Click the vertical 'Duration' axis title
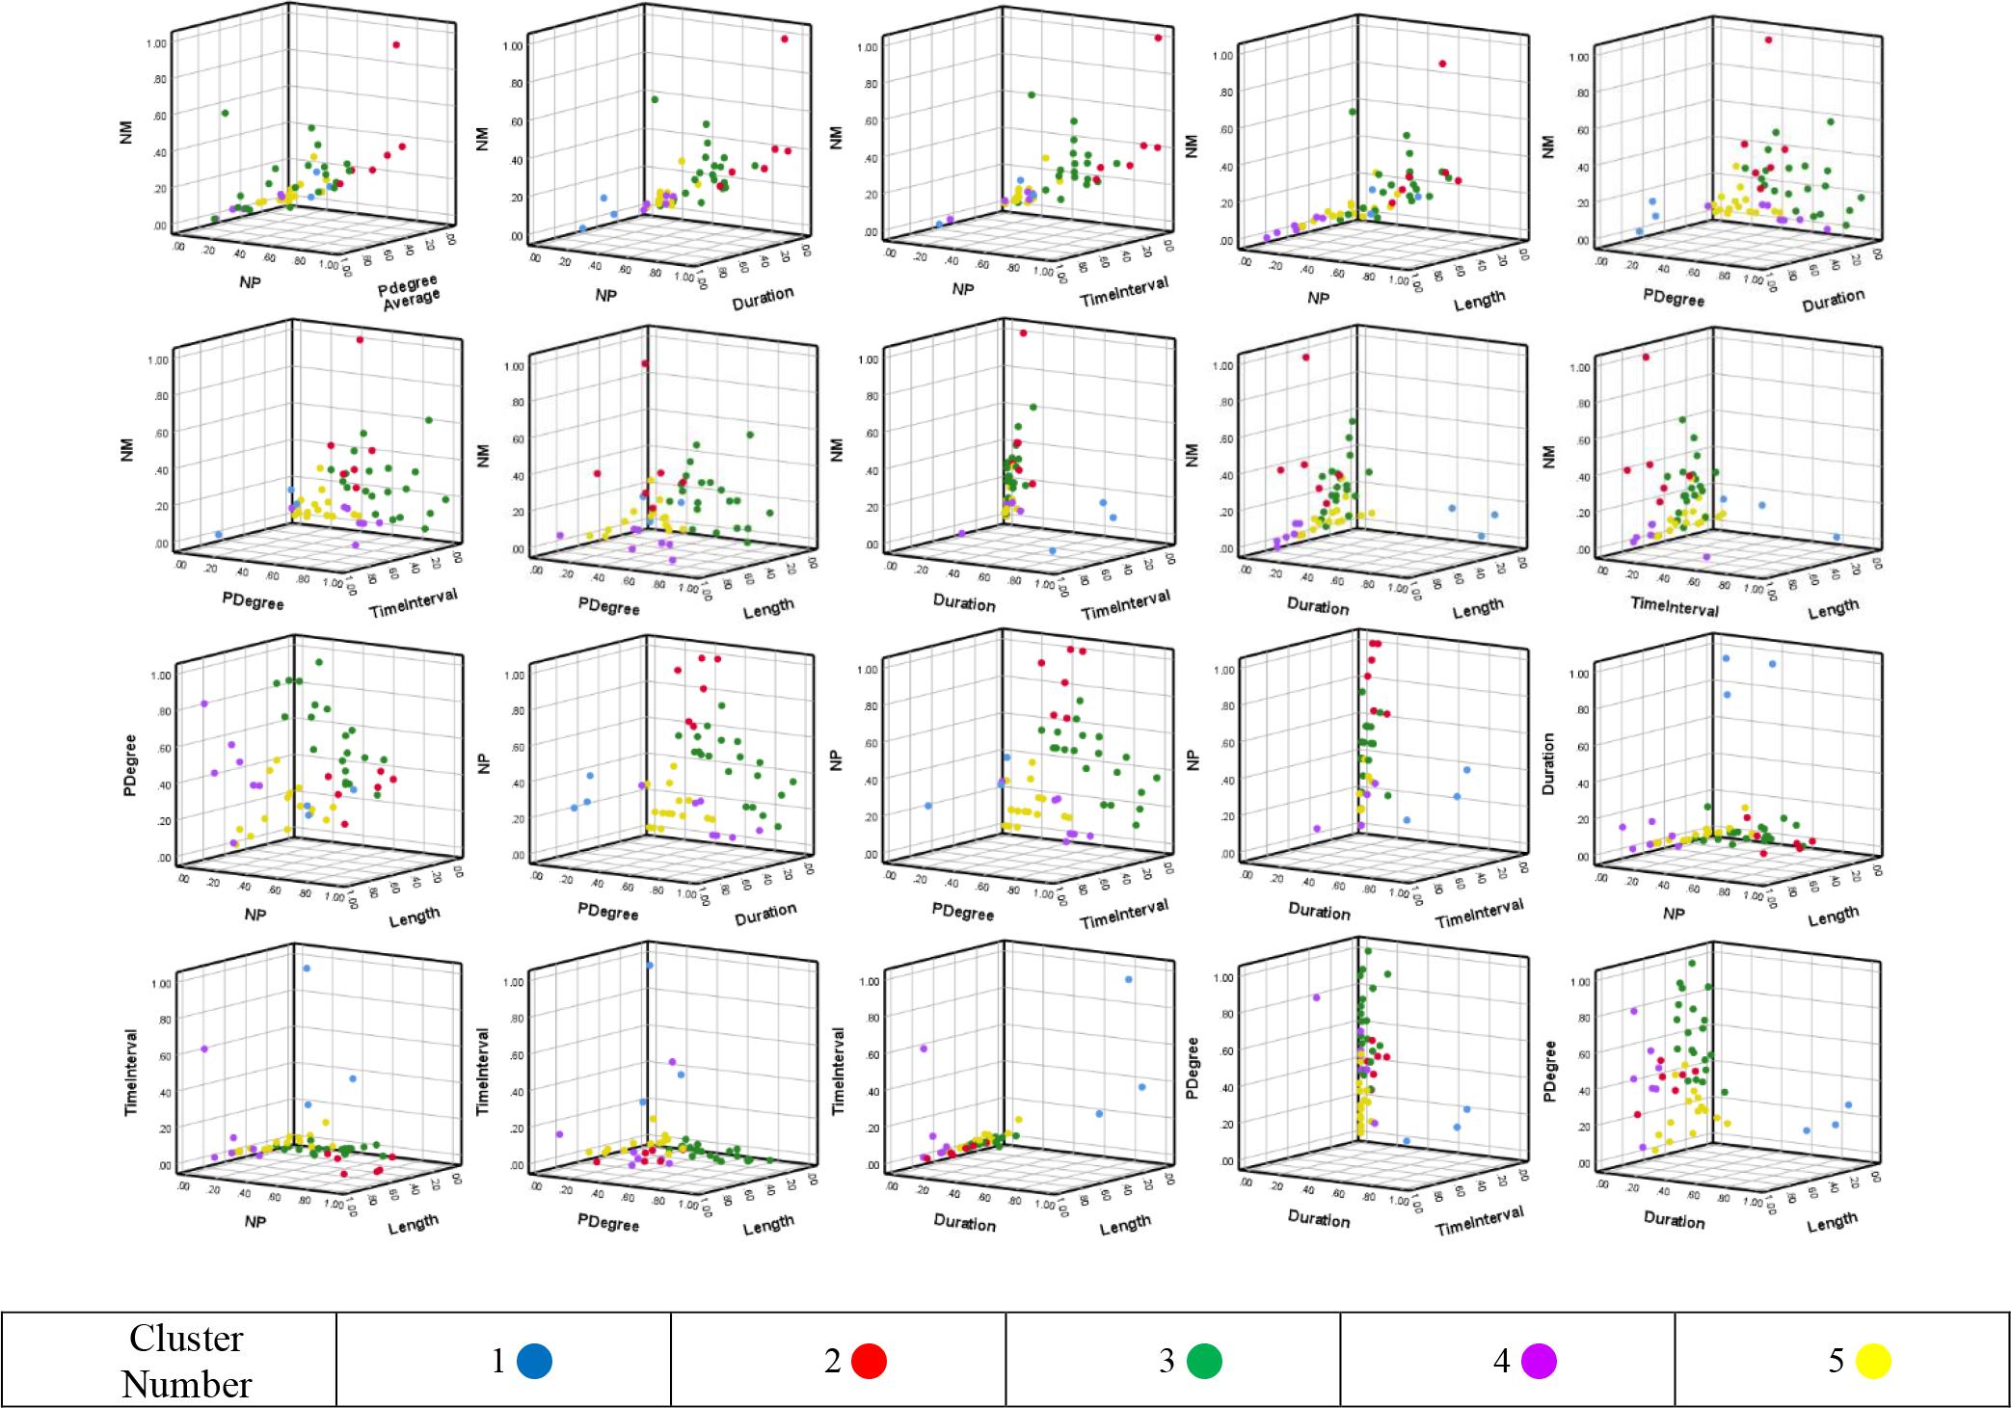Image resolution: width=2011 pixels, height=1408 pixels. [1548, 763]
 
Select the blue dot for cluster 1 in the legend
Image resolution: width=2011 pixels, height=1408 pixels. [534, 1361]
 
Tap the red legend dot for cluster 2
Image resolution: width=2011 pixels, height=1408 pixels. [869, 1361]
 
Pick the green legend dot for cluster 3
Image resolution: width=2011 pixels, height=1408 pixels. [1204, 1361]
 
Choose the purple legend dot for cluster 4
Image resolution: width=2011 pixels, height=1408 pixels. [1539, 1361]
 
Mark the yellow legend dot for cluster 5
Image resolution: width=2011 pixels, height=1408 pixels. [1873, 1361]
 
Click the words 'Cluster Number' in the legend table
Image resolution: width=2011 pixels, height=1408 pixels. [186, 1361]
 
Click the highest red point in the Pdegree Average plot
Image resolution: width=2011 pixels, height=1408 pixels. [396, 45]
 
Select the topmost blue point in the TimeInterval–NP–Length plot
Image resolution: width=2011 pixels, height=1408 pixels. [307, 968]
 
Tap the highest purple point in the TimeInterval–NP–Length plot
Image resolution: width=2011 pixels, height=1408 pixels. [204, 1049]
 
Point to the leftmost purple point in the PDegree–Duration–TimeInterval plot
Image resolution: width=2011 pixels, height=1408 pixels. [1316, 997]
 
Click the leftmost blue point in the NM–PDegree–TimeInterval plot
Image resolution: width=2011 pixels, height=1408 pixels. [219, 534]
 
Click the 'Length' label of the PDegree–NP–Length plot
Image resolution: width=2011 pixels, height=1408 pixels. [415, 917]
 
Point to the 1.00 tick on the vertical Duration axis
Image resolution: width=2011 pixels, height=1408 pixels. [1578, 673]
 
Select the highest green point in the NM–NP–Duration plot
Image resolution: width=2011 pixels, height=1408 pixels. [654, 100]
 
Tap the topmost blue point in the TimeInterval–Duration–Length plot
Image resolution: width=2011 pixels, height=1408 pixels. [1128, 979]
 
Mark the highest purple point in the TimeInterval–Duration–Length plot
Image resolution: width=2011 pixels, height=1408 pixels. [924, 1048]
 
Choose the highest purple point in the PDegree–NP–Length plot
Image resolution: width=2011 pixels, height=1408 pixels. [204, 704]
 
